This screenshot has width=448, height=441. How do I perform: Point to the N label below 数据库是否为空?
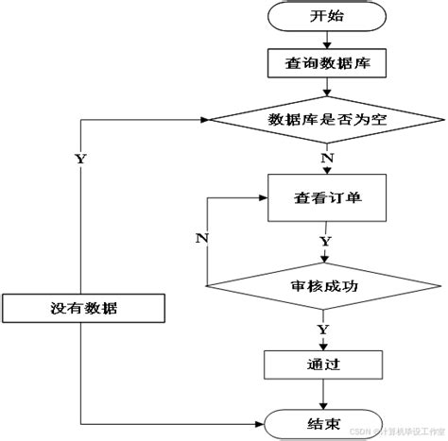click(x=327, y=158)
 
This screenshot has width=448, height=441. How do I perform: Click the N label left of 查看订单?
click(x=201, y=238)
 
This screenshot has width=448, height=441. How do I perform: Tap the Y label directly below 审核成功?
click(x=323, y=329)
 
